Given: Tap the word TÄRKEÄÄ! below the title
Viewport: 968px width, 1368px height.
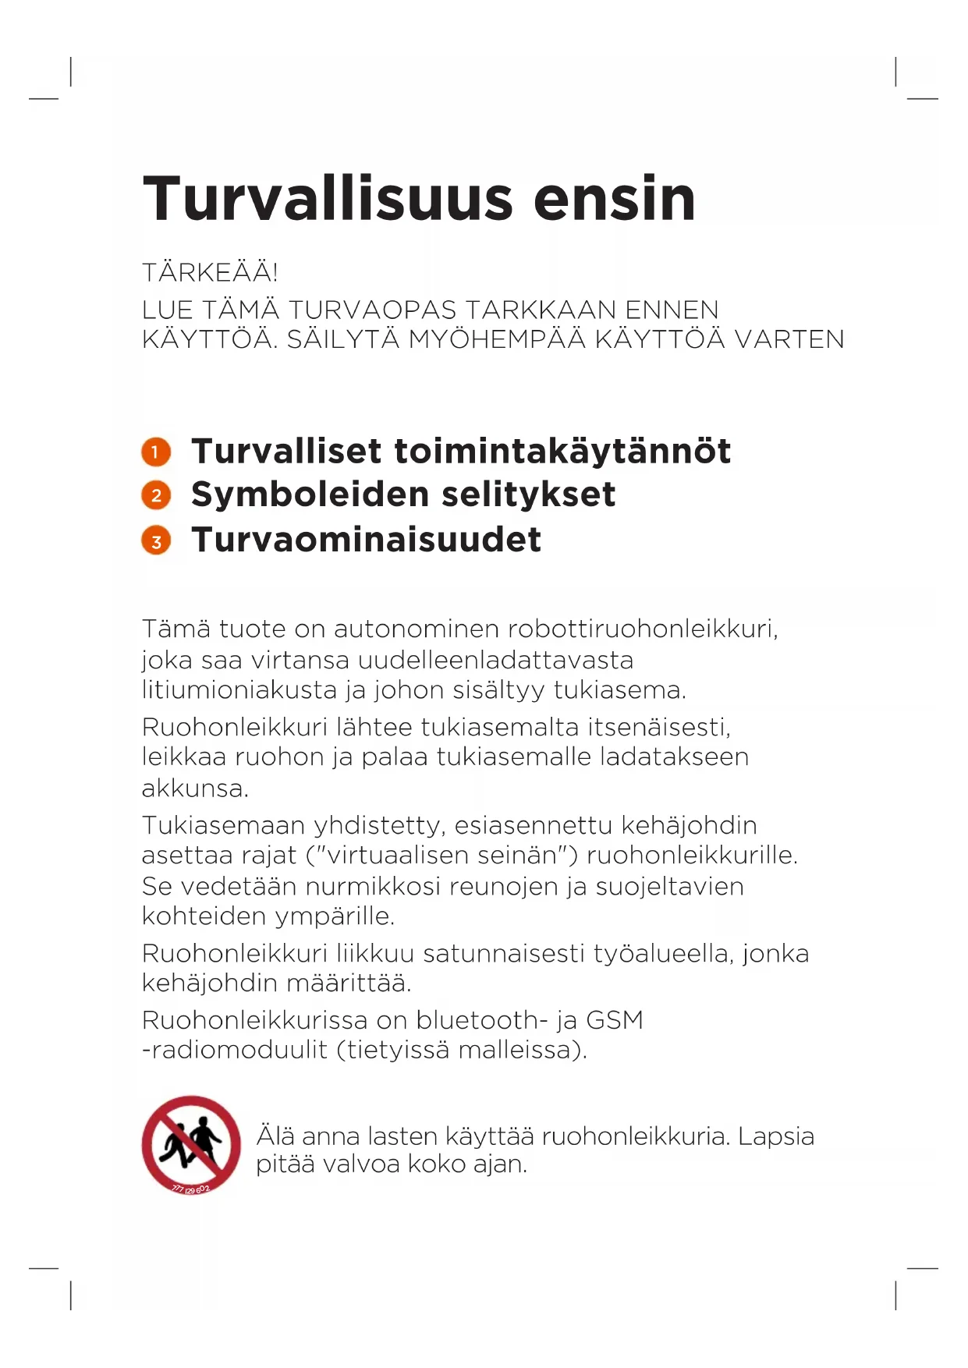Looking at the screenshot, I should (x=210, y=272).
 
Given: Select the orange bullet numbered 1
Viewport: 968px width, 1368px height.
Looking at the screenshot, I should (x=156, y=452).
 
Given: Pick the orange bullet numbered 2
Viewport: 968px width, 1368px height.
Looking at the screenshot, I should (x=156, y=495).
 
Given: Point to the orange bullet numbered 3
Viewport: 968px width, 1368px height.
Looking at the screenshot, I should (x=156, y=540).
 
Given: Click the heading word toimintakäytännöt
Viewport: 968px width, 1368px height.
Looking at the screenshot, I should (x=562, y=452).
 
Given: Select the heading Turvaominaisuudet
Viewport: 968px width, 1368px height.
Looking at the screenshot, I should (x=366, y=540).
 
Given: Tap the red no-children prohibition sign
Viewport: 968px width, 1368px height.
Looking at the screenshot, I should (x=191, y=1145).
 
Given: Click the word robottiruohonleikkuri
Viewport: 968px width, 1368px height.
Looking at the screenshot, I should (x=643, y=629).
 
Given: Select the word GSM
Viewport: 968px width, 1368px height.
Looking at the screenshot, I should (x=615, y=1020).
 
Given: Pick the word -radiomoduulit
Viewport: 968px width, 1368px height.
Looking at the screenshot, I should (x=234, y=1050).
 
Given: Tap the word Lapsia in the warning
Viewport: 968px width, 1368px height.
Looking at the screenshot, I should (x=775, y=1136).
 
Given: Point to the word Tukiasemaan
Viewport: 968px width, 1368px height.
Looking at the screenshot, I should (x=224, y=825).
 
